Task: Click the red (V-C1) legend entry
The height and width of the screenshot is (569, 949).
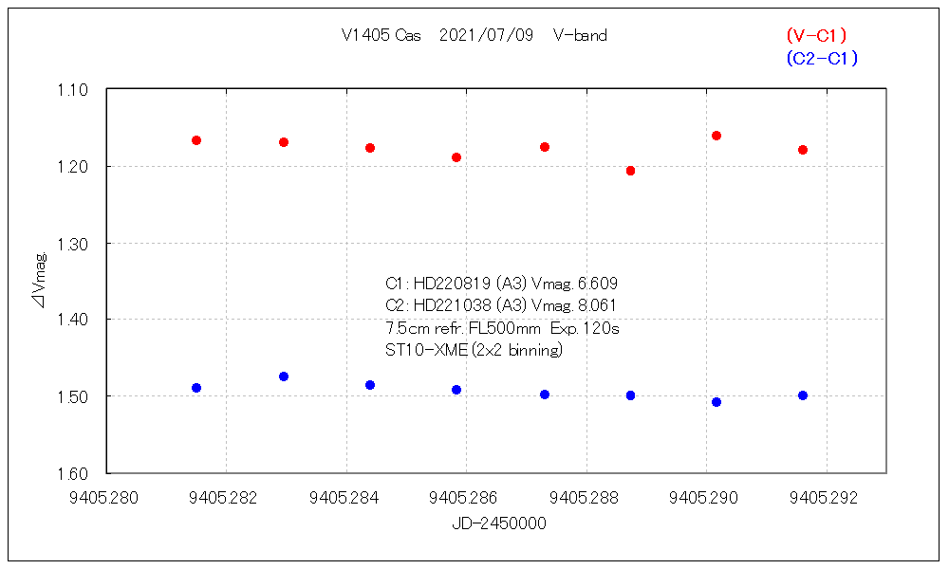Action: point(816,35)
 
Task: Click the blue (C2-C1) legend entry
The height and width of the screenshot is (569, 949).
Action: point(822,59)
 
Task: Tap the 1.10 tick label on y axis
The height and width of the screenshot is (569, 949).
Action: point(72,90)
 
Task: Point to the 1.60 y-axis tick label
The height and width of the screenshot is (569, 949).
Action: point(72,473)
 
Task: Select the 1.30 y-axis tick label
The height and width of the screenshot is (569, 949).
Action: point(72,244)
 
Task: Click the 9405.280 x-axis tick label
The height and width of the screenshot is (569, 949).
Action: point(107,496)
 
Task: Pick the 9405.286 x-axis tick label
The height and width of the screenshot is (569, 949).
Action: point(467,496)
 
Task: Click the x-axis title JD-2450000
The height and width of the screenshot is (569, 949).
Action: point(499,523)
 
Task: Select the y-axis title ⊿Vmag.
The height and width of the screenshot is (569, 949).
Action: point(41,282)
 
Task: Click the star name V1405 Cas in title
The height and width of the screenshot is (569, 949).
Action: point(381,36)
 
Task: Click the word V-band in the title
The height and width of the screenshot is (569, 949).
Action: point(580,36)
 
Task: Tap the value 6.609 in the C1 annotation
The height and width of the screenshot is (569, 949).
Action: point(598,284)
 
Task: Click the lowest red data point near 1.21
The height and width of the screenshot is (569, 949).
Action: point(630,171)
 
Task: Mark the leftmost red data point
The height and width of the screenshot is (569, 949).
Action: point(196,140)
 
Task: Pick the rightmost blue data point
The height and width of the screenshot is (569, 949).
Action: point(803,395)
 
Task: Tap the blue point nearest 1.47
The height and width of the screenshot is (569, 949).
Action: point(284,376)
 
